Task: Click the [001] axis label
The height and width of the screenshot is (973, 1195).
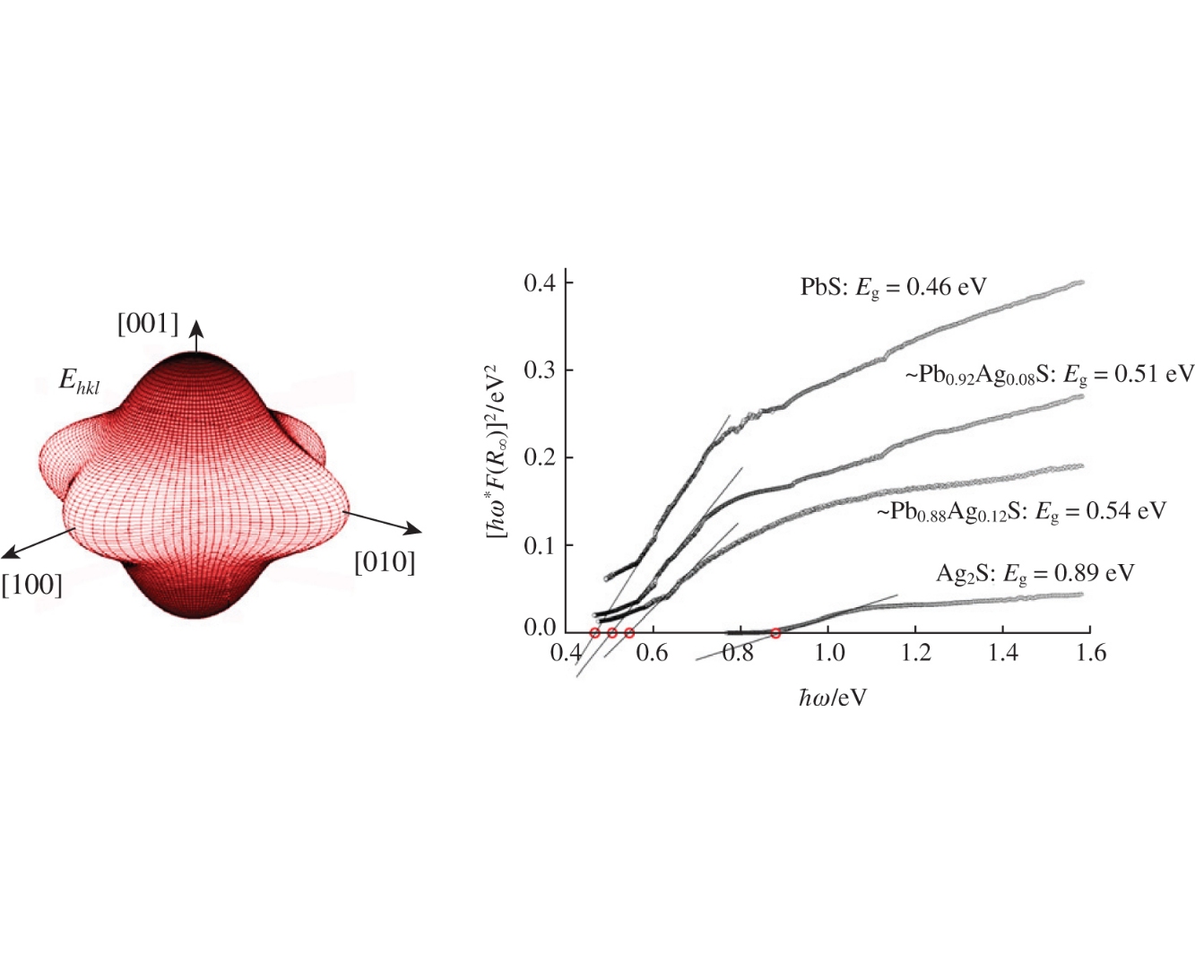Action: (148, 324)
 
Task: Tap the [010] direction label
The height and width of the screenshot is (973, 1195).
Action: (385, 563)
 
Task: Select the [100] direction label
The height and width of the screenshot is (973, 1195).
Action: (32, 586)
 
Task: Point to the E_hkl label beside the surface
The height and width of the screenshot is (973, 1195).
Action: (79, 381)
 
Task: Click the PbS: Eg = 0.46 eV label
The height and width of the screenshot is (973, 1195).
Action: (893, 287)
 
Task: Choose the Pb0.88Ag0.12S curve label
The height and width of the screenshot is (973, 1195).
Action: (1021, 511)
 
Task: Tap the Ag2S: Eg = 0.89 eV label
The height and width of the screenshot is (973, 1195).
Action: (1035, 573)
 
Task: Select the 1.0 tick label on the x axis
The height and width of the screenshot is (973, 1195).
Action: (828, 653)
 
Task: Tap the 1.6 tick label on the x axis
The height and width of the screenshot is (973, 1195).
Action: (1090, 653)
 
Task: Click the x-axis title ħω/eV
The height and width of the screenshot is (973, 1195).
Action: (833, 697)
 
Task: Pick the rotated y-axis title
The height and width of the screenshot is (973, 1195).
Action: (497, 450)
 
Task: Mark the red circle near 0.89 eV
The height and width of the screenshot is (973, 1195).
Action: (775, 633)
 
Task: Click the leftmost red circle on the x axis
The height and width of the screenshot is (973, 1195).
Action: (594, 633)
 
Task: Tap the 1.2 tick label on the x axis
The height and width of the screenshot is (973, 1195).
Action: (915, 653)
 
